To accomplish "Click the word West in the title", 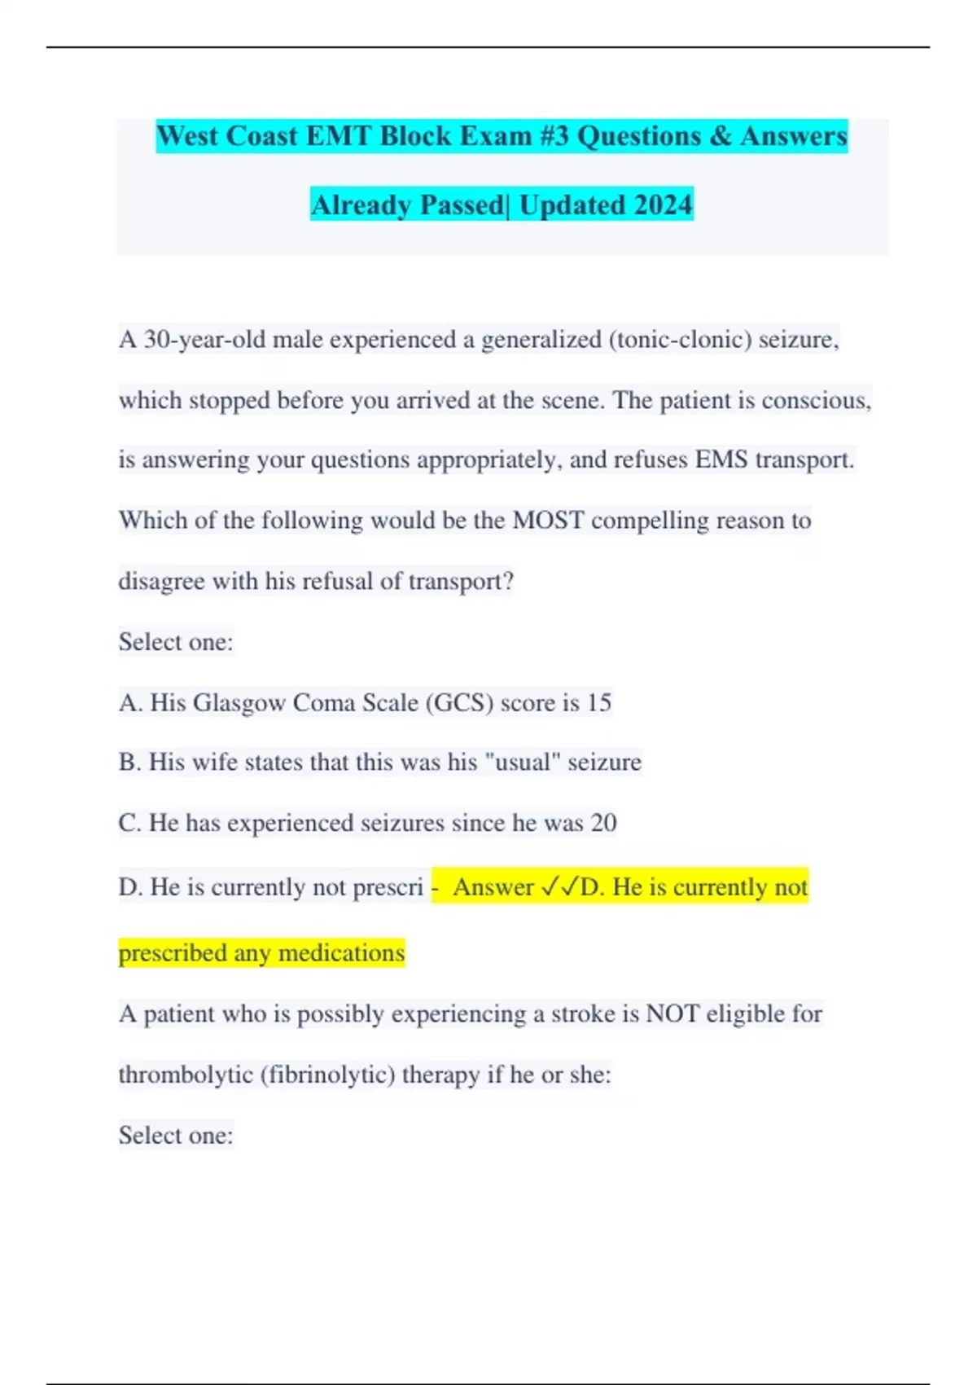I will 187,136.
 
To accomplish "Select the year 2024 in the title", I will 663,204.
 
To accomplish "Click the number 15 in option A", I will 598,702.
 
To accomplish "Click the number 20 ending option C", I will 603,823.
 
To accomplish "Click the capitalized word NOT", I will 672,1013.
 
